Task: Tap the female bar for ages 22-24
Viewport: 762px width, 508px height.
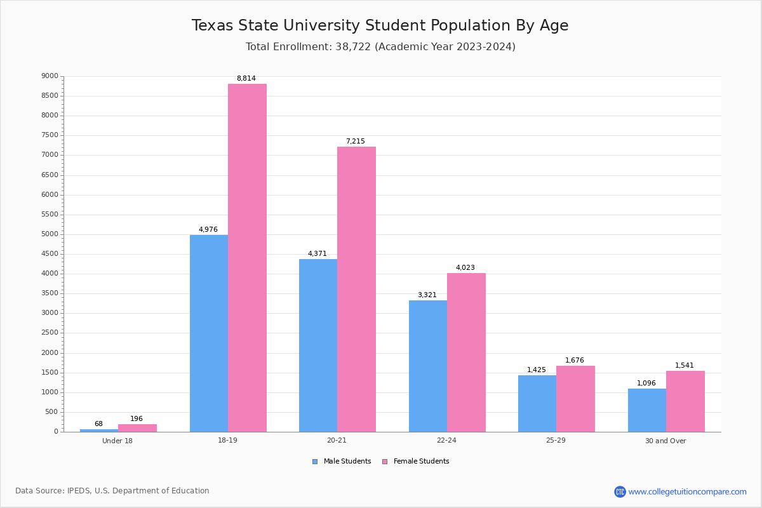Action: (x=466, y=352)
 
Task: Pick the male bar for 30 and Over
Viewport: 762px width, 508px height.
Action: (x=647, y=410)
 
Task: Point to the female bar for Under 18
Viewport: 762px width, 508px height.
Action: (x=137, y=428)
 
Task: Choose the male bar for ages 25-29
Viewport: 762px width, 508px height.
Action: (x=537, y=404)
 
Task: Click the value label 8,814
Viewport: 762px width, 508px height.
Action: (x=246, y=79)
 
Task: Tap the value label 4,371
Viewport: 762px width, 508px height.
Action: (x=317, y=254)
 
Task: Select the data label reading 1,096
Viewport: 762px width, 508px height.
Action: (x=646, y=384)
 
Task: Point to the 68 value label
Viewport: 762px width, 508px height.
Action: (x=98, y=424)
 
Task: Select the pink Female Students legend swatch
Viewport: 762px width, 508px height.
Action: (x=385, y=462)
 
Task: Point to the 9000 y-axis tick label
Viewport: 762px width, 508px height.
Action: (x=50, y=76)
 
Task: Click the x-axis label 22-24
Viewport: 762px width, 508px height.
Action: (x=446, y=441)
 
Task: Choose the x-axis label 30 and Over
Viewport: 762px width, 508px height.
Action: (x=665, y=441)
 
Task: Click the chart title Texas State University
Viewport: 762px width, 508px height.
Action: (x=380, y=25)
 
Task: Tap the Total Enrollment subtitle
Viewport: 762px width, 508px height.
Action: (x=380, y=47)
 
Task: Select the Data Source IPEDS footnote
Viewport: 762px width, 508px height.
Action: (x=112, y=491)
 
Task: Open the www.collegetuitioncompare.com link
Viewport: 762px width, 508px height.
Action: (x=687, y=491)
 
